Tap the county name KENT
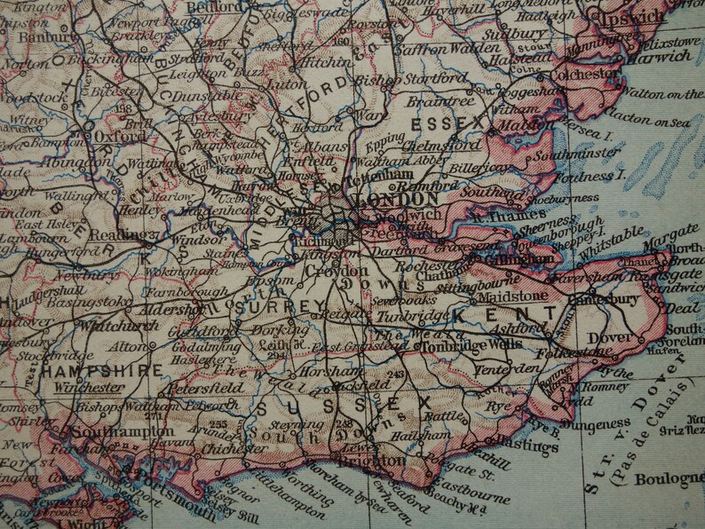click(x=508, y=314)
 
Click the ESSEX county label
click(x=456, y=120)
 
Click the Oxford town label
click(x=119, y=138)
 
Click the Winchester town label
click(x=87, y=388)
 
